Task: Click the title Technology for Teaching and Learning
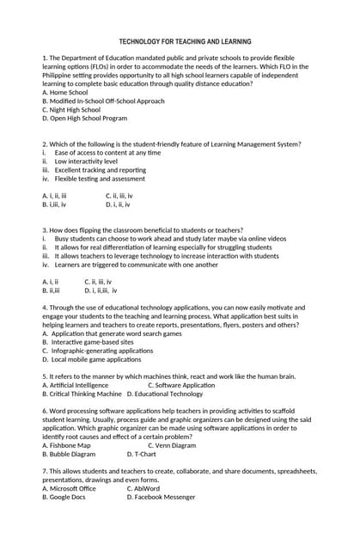[x=185, y=41]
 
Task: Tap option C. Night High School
[x=71, y=110]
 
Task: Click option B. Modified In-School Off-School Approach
[x=103, y=101]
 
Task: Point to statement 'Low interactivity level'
[x=86, y=162]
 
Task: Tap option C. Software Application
[x=181, y=385]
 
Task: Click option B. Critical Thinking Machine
[x=82, y=394]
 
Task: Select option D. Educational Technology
[x=165, y=394]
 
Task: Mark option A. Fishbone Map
[x=66, y=445]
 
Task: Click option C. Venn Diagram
[x=172, y=445]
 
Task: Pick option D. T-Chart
[x=142, y=454]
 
